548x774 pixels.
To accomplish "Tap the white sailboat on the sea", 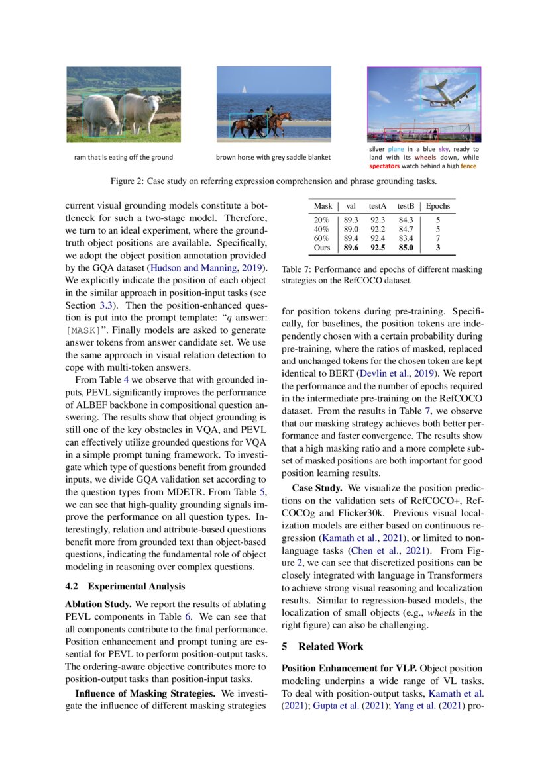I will coord(244,89).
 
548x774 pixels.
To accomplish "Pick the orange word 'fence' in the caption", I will coord(468,166).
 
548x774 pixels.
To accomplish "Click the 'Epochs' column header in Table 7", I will coord(438,206).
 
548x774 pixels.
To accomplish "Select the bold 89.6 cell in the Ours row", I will coord(351,248).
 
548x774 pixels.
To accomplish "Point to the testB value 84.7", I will coord(406,229).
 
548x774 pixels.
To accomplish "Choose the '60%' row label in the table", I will coord(321,238).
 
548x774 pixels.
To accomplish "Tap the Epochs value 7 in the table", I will coord(438,238).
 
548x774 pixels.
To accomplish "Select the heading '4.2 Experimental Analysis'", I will coord(125,586).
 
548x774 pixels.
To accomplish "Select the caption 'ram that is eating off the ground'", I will coord(123,158).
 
